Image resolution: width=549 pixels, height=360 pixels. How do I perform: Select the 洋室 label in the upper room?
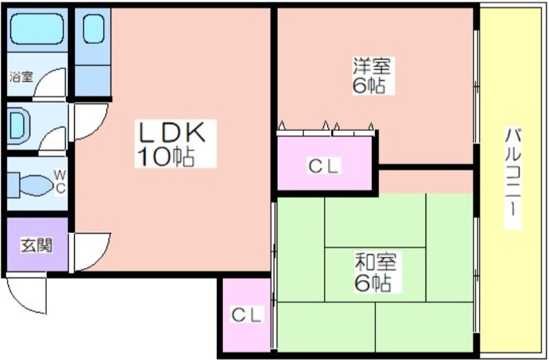(x=372, y=67)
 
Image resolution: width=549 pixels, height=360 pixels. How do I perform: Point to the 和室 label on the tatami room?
(x=374, y=262)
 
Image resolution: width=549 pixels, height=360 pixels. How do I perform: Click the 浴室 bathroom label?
(x=21, y=77)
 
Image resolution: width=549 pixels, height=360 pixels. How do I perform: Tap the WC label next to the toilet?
(x=60, y=182)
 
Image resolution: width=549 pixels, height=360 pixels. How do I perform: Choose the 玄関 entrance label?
(x=34, y=245)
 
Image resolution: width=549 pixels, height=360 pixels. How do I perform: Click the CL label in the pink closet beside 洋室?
(x=323, y=165)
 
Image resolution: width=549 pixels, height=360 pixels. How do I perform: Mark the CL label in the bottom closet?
(x=246, y=315)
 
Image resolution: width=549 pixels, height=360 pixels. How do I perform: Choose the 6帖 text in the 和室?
(x=374, y=282)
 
